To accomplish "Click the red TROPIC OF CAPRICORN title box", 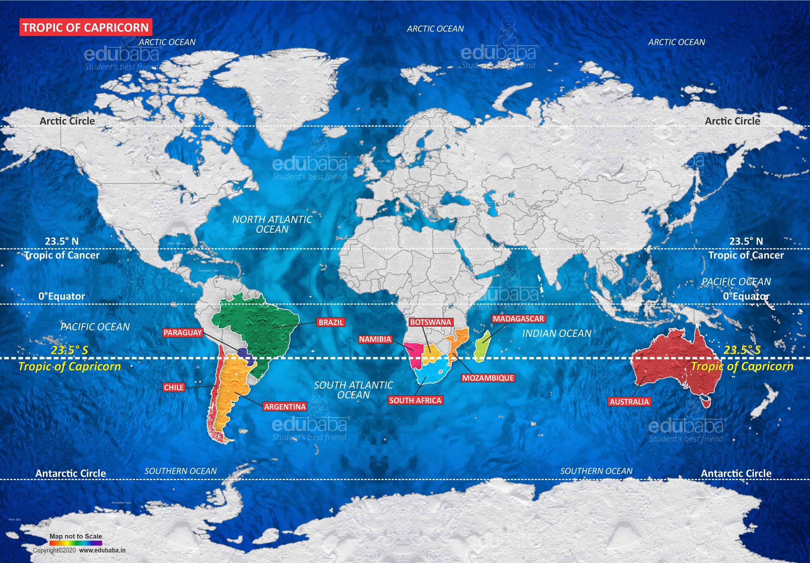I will pos(86,28).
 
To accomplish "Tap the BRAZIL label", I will pos(330,322).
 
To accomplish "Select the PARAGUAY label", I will pos(182,333).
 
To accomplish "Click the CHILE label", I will pos(174,387).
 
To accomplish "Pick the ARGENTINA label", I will pos(285,407).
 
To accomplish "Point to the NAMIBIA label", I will pos(375,339).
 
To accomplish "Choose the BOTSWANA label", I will pos(430,322).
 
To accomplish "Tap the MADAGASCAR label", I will pos(518,319).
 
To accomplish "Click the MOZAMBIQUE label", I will pos(488,378).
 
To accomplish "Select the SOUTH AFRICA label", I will pos(415,400).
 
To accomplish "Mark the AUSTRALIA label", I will pos(629,401).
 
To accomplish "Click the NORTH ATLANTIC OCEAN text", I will pos(272,224).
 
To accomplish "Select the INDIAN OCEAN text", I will pos(556,333).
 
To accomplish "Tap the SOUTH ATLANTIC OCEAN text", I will pos(353,390).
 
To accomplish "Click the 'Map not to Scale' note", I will pos(76,536).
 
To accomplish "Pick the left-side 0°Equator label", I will pos(62,296).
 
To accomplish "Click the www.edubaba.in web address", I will pos(102,550).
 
